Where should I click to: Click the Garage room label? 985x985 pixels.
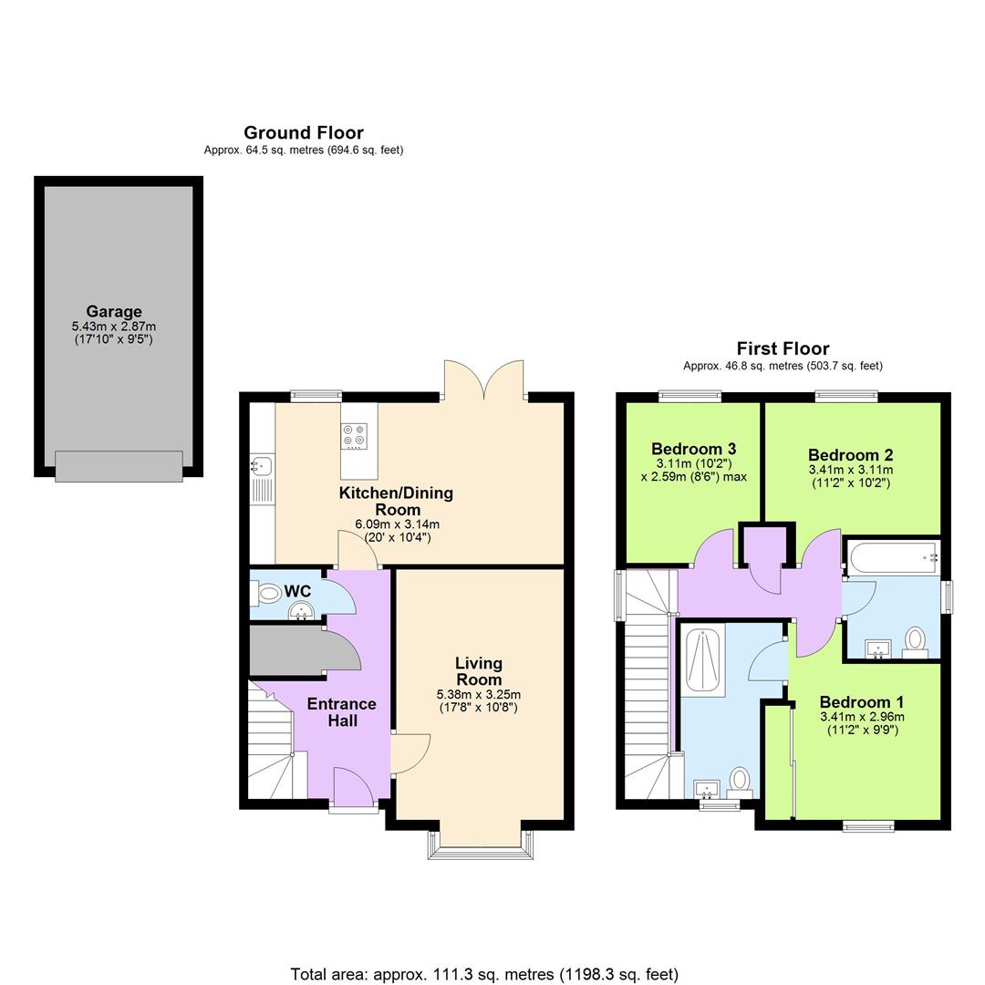(x=114, y=312)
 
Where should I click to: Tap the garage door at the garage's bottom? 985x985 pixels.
(x=119, y=465)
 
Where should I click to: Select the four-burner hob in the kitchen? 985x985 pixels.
(x=353, y=436)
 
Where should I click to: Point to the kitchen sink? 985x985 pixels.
(x=259, y=467)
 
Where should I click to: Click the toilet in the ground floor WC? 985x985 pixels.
(x=266, y=594)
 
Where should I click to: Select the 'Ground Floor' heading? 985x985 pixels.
(x=304, y=133)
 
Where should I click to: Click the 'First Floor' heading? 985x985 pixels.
(x=783, y=348)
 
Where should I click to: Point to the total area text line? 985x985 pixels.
(x=484, y=974)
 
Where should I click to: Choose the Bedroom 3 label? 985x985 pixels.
(x=693, y=449)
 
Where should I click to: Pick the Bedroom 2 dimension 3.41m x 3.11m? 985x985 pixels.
(x=850, y=470)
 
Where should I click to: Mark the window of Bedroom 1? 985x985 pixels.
(x=868, y=826)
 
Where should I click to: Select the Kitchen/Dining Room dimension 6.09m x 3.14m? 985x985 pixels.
(x=397, y=524)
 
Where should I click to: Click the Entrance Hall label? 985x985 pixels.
(x=341, y=711)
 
